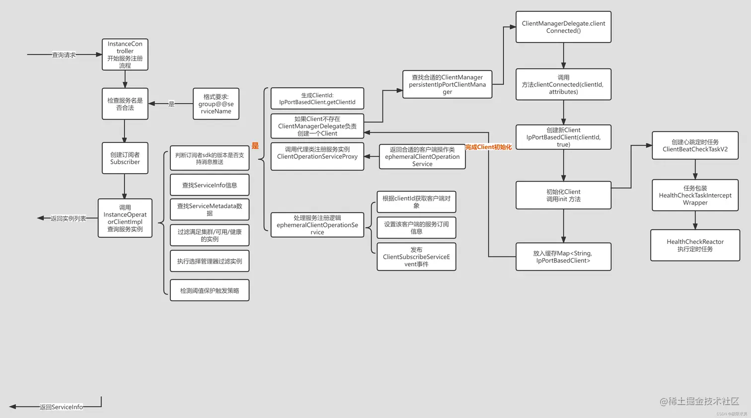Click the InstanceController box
(x=125, y=55)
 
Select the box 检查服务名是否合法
(x=125, y=104)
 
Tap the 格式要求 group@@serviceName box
(x=216, y=104)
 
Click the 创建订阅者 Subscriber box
(x=125, y=158)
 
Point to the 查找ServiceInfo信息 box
(x=209, y=185)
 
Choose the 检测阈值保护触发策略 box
(x=209, y=290)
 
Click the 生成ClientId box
(x=317, y=98)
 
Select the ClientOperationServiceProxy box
(x=317, y=156)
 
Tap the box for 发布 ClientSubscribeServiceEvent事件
(x=416, y=257)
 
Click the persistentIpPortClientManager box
(x=447, y=84)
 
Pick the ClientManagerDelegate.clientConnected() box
(x=563, y=27)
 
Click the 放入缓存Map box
(x=563, y=257)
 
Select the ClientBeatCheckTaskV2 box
(x=695, y=145)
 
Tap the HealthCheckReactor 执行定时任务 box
(x=695, y=245)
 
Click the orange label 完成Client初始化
(x=488, y=147)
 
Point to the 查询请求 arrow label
(x=64, y=55)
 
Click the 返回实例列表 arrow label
(x=68, y=218)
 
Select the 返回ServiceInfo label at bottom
(x=61, y=407)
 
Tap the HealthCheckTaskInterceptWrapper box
(x=695, y=195)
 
